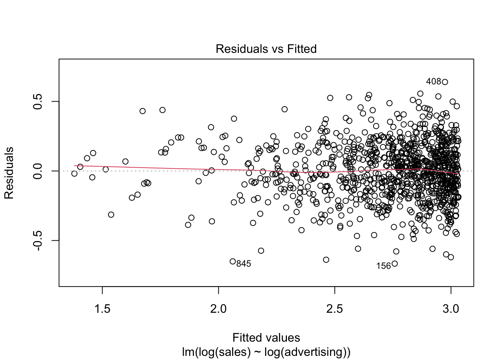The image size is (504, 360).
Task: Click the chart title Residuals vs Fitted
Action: click(266, 49)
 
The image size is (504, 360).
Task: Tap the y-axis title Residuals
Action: click(9, 173)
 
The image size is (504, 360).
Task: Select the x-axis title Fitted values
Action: click(266, 338)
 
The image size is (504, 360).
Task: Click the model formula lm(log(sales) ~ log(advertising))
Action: click(266, 352)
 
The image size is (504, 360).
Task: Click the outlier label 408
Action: click(433, 81)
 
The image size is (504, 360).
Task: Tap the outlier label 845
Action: click(244, 264)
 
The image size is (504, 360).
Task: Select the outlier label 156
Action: click(383, 266)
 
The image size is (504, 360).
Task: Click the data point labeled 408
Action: click(445, 82)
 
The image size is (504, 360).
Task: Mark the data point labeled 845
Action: click(232, 261)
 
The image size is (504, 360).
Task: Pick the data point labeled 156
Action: click(394, 264)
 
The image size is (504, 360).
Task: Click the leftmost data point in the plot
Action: click(74, 173)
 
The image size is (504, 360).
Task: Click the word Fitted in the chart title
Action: click(302, 49)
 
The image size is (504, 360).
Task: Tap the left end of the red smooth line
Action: click(75, 165)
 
